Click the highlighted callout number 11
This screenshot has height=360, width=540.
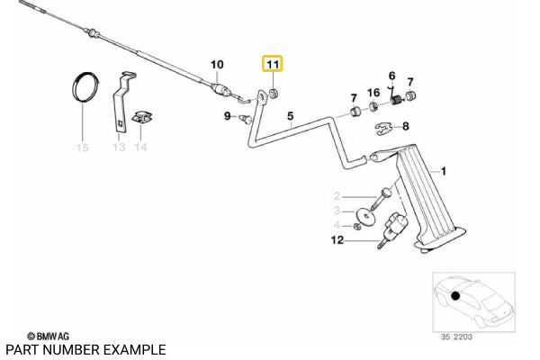(272, 65)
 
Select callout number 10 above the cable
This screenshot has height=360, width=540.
(216, 64)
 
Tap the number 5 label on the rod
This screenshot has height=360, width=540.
(291, 115)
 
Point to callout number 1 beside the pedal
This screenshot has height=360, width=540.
(443, 170)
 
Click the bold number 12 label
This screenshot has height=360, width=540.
(337, 240)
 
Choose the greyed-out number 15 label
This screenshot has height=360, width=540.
(82, 147)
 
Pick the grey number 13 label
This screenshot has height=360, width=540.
(119, 147)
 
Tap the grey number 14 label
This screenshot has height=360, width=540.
(140, 147)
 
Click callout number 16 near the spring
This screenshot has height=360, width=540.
(373, 93)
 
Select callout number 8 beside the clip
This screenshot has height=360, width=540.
(405, 126)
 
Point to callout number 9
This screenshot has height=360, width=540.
(228, 115)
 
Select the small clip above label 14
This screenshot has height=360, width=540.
(141, 117)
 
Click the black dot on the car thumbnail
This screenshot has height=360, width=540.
(456, 296)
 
